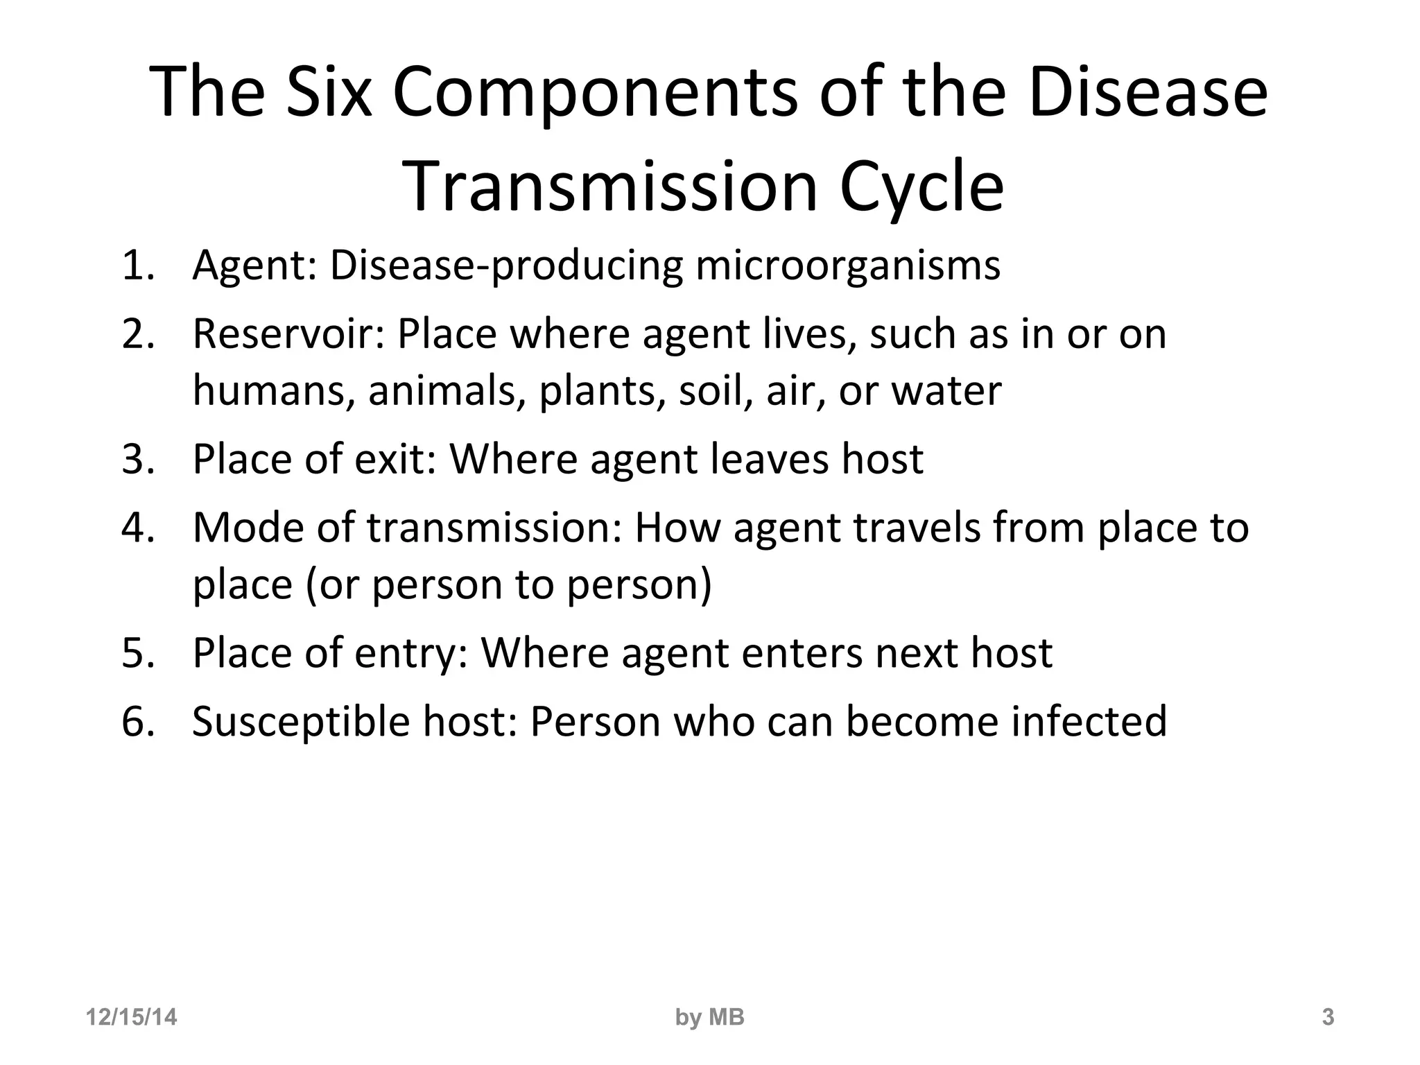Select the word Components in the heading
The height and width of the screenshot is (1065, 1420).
[x=595, y=92]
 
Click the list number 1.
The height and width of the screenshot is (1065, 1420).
[x=137, y=265]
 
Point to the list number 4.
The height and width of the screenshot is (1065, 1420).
[x=137, y=528]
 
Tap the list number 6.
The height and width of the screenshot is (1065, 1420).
[x=137, y=721]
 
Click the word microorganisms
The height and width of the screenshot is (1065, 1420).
[x=848, y=265]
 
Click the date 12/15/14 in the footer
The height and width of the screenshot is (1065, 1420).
[x=131, y=1017]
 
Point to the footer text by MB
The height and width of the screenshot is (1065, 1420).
[x=709, y=1017]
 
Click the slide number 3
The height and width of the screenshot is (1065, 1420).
[x=1328, y=1017]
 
